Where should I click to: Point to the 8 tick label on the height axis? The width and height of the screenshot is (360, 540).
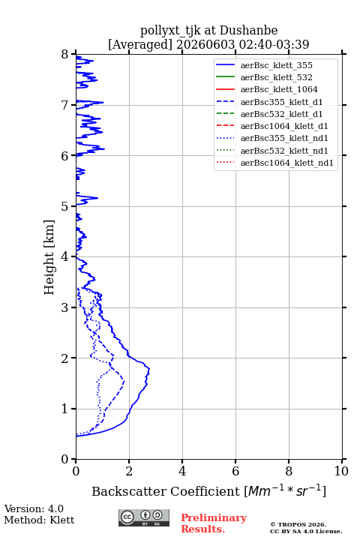[x=65, y=55]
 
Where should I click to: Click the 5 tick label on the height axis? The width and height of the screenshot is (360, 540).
[x=65, y=206]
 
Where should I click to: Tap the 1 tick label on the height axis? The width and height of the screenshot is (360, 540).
[x=65, y=409]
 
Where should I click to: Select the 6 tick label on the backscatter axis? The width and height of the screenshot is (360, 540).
[x=235, y=471]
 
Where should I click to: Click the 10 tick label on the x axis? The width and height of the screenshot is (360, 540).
[x=341, y=471]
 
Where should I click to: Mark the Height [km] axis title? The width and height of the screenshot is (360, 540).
[x=49, y=257]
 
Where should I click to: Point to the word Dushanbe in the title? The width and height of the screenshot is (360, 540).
[x=248, y=31]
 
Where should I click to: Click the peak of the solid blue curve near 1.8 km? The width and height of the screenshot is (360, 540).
[x=149, y=369]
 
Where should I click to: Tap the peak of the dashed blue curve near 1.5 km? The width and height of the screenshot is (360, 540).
[x=124, y=381]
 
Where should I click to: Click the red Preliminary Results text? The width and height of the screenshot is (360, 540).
[x=214, y=523]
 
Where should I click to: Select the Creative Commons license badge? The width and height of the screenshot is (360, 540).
[x=144, y=517]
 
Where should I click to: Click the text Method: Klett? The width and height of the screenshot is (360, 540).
[x=39, y=520]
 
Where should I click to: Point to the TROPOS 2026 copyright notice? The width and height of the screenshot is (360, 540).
[x=298, y=524]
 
